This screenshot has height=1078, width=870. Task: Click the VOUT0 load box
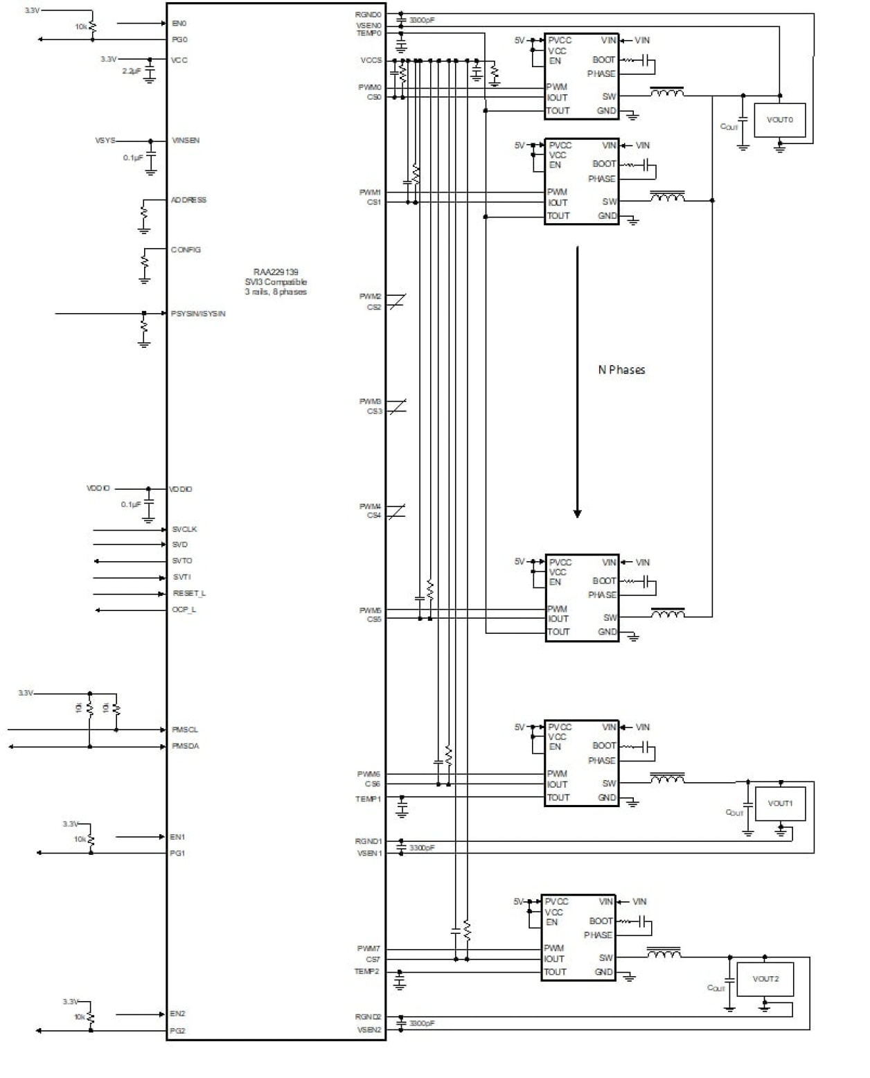[779, 120]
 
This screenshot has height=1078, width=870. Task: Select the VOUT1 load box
[780, 804]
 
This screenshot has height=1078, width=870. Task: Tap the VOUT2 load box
[765, 979]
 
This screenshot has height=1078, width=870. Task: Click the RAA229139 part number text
[276, 272]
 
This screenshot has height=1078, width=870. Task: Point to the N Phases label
[621, 370]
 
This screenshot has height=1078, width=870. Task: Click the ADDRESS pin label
[188, 200]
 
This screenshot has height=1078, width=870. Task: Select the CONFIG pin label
[186, 249]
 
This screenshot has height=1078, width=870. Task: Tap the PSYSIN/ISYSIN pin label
[198, 314]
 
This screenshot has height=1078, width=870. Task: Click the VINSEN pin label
[186, 141]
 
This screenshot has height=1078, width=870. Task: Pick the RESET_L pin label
[189, 594]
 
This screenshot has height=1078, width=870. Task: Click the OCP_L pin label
[184, 610]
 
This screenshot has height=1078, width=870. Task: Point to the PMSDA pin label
[185, 746]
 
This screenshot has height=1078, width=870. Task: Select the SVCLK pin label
[184, 529]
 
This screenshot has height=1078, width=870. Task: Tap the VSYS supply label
[105, 141]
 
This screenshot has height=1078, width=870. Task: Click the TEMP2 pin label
[367, 971]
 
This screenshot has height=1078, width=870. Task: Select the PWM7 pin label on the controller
[369, 948]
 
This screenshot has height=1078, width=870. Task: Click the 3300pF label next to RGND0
[422, 20]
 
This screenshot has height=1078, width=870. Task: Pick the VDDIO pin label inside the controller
[181, 489]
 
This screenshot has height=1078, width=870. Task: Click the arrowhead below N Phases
[577, 513]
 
